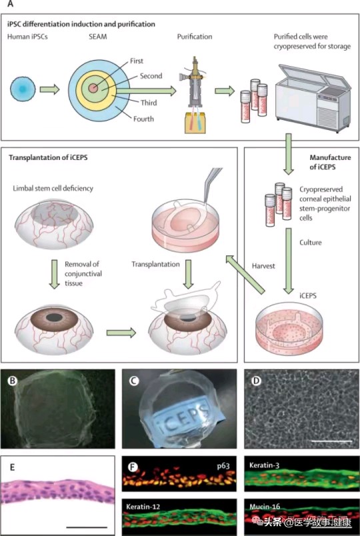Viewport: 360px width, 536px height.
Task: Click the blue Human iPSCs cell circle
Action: click(x=23, y=89)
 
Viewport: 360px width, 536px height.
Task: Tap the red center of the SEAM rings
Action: click(x=93, y=88)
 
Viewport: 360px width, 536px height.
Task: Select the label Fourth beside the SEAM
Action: click(x=143, y=119)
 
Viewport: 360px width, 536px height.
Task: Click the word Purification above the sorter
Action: click(x=195, y=37)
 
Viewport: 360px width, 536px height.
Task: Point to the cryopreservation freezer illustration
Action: click(x=313, y=97)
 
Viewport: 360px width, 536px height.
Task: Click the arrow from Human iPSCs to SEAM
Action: click(x=49, y=89)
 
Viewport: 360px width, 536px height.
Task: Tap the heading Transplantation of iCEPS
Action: click(x=48, y=157)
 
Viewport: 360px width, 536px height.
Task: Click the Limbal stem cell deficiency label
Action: click(x=53, y=189)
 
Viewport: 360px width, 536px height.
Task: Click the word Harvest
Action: click(x=263, y=265)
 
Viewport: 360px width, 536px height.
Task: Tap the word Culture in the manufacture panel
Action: click(x=311, y=243)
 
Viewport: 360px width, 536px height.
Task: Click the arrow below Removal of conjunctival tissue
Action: click(x=55, y=274)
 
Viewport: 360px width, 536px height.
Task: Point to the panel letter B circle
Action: click(x=12, y=381)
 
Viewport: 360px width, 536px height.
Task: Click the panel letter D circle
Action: click(x=256, y=381)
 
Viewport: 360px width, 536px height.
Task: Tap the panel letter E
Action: click(x=12, y=467)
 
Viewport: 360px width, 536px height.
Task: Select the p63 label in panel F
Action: click(x=223, y=465)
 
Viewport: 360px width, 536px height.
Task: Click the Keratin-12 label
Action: click(x=143, y=506)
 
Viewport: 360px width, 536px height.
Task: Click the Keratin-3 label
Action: click(x=265, y=465)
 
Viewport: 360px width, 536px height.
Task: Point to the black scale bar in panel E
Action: click(x=87, y=527)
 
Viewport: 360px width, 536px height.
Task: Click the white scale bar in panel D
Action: click(x=331, y=441)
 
